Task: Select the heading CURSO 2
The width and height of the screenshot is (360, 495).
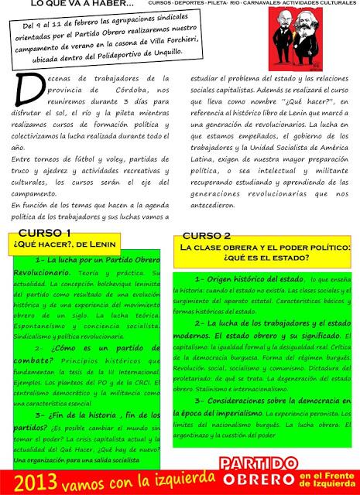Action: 207,235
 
